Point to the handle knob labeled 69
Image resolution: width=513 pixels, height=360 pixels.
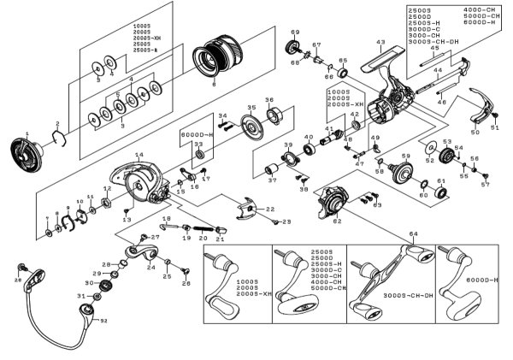coord(297,46)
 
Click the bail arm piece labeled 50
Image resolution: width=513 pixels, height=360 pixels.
coord(483,115)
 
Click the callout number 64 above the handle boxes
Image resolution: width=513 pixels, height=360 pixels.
coord(414,234)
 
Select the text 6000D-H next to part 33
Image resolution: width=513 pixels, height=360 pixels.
coord(198,136)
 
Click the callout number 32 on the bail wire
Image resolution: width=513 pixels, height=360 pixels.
coord(103,321)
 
